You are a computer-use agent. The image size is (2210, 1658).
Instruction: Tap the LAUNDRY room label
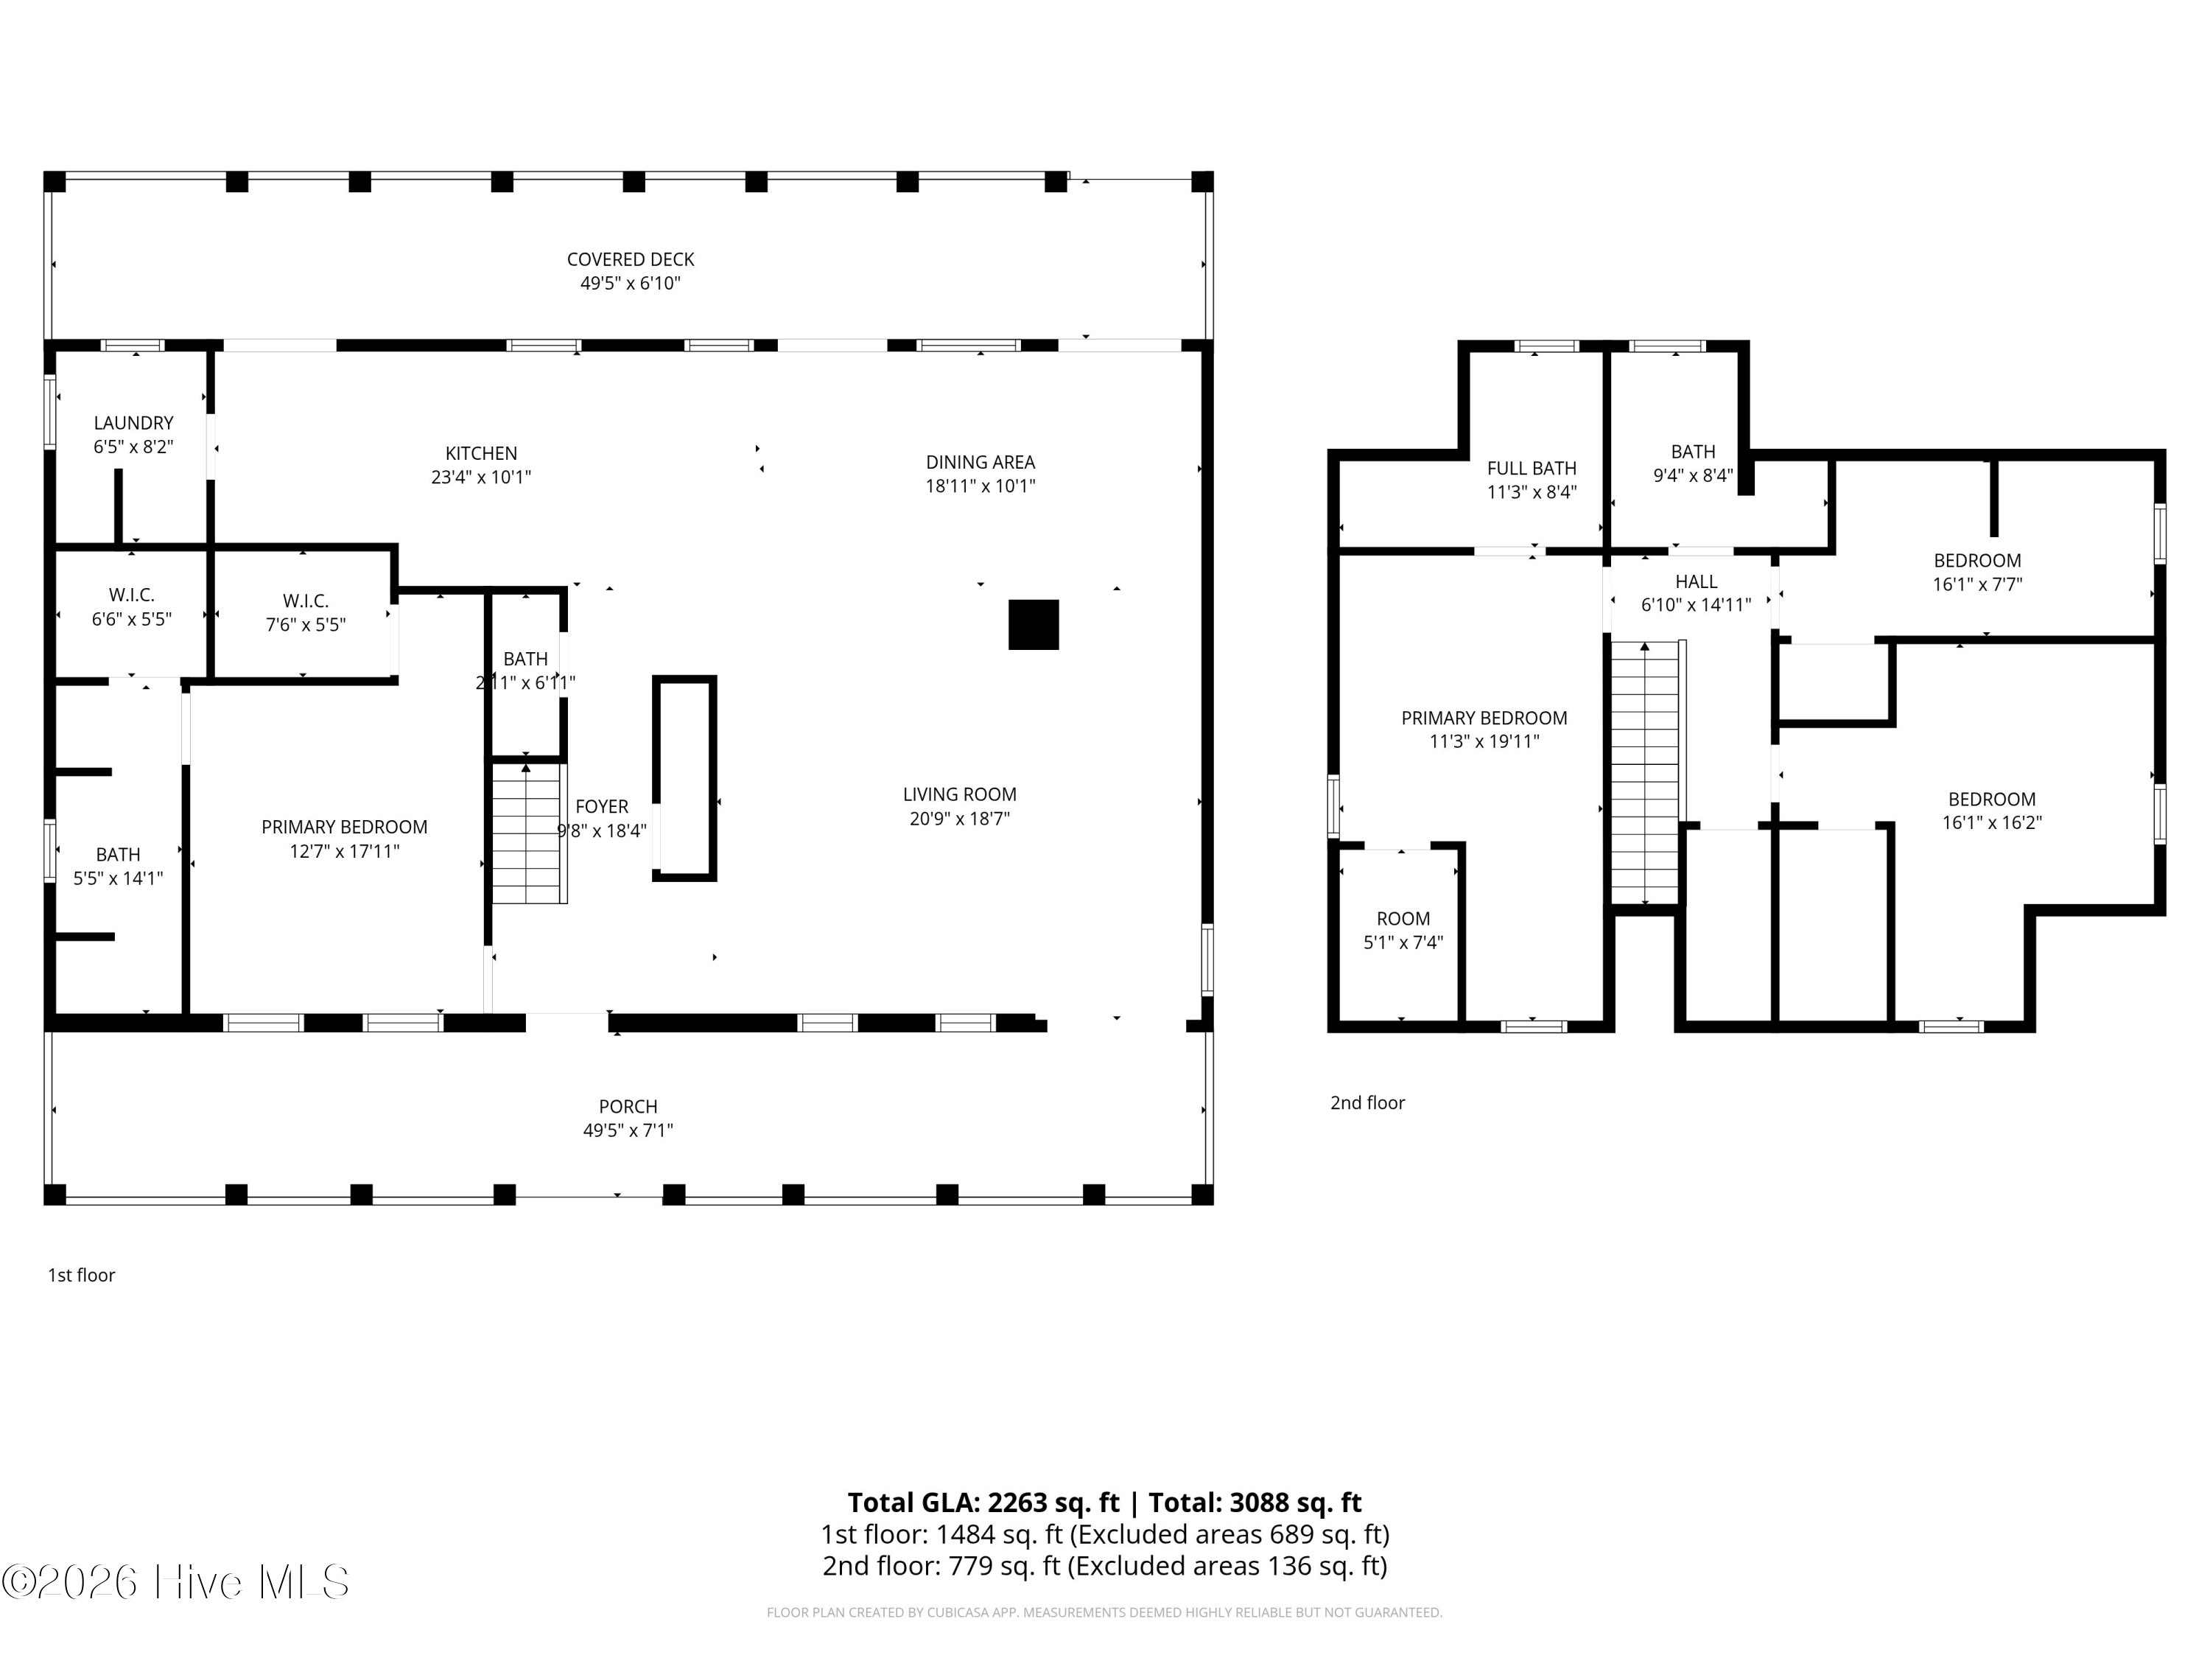tap(134, 424)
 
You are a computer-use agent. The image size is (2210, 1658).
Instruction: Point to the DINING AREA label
tap(980, 463)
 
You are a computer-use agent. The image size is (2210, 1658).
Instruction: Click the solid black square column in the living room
tap(1033, 625)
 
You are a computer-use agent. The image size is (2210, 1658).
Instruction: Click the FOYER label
tap(601, 806)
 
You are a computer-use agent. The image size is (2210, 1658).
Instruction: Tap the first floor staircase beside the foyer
tap(528, 833)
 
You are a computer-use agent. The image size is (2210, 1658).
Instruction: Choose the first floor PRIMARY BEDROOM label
tap(345, 828)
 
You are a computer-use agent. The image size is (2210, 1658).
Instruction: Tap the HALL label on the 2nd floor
tap(1697, 581)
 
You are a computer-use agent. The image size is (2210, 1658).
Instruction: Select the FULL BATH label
tap(1532, 469)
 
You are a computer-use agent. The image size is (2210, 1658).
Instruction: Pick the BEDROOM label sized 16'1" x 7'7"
tap(1977, 562)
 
